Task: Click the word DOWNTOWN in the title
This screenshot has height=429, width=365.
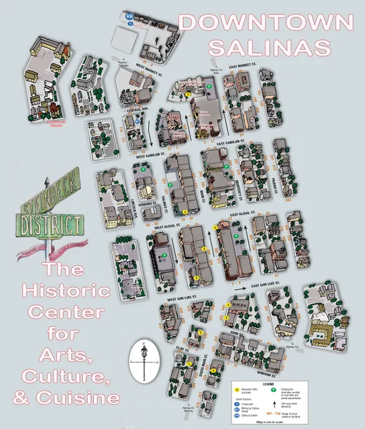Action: [266, 21]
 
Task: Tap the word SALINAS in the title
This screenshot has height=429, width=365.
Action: [270, 47]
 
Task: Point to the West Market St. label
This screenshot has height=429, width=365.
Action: [151, 66]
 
